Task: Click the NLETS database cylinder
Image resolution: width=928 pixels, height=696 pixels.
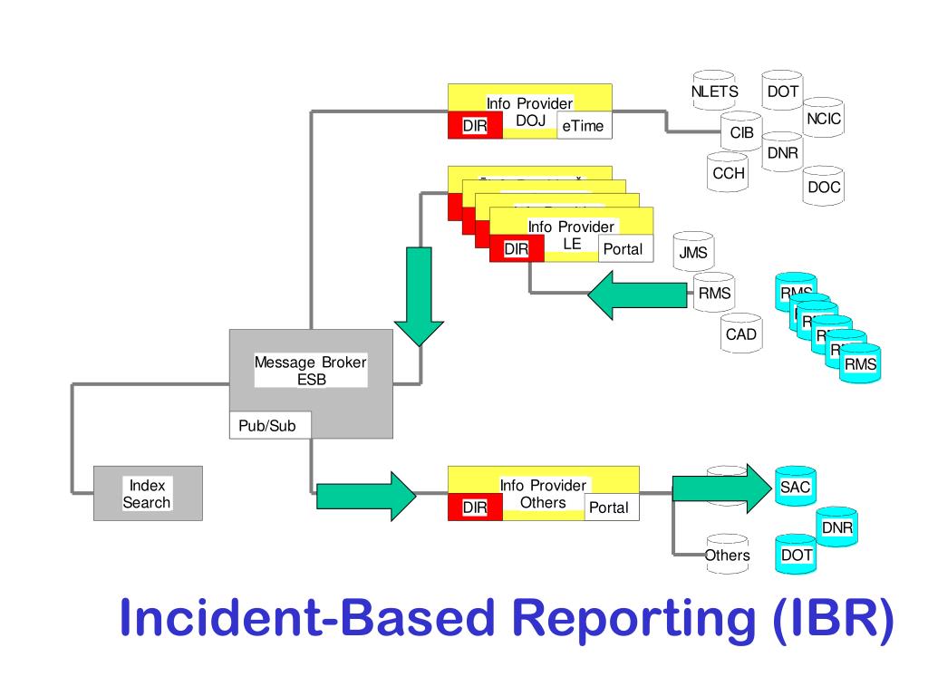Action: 714,92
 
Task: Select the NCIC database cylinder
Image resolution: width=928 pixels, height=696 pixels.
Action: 824,120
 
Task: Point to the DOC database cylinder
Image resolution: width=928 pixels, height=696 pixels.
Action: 824,188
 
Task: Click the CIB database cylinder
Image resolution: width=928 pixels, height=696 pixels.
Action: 742,133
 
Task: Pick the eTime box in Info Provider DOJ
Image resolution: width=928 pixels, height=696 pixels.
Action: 583,126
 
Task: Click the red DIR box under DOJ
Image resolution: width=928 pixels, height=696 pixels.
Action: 475,126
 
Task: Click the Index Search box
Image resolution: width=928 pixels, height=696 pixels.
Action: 148,494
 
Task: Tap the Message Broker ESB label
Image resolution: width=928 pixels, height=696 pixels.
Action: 311,371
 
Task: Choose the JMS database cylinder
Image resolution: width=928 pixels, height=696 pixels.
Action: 693,253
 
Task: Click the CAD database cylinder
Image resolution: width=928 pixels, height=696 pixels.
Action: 741,334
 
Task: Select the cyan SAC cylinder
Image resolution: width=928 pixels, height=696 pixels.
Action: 795,488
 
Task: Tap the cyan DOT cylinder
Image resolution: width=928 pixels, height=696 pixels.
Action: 796,555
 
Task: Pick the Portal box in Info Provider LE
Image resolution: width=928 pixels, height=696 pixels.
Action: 623,249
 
